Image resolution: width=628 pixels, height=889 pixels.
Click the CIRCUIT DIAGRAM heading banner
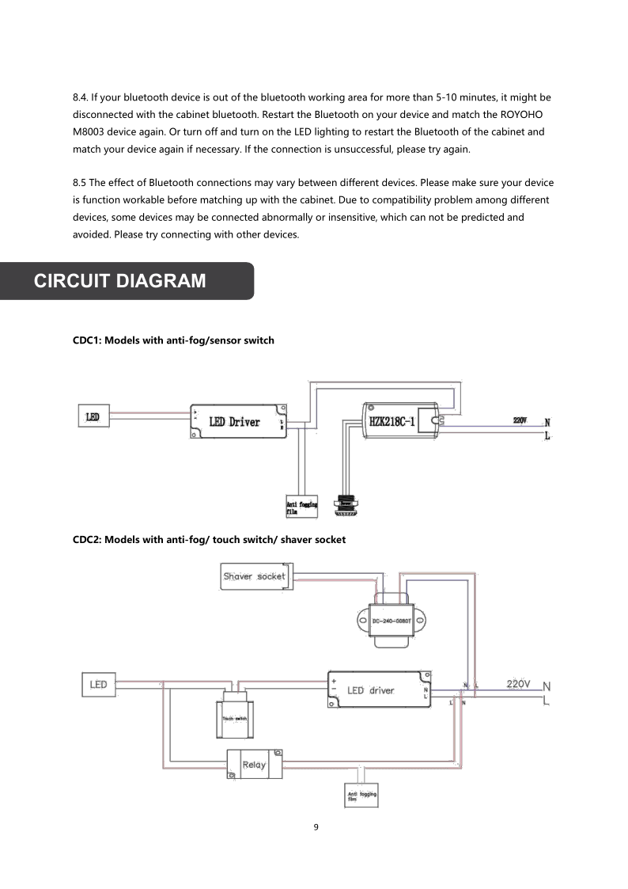click(x=127, y=281)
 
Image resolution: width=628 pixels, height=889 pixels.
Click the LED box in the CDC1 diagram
click(x=93, y=416)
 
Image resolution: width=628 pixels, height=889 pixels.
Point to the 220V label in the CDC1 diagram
click(x=520, y=420)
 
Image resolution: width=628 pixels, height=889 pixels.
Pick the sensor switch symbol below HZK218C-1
click(x=345, y=505)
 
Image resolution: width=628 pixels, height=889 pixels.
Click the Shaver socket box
click(x=254, y=576)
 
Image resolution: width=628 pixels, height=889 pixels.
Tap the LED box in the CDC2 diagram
click(x=99, y=684)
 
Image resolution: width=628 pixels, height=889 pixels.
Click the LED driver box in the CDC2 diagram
click(x=380, y=690)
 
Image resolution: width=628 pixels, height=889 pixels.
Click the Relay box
click(x=254, y=765)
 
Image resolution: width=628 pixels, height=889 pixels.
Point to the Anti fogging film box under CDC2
click(x=361, y=795)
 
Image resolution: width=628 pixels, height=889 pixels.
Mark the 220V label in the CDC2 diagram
click(x=518, y=683)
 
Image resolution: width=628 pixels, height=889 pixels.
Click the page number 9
click(x=316, y=827)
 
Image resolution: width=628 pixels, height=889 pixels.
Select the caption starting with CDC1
click(x=173, y=340)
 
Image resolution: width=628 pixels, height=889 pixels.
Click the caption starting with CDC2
click(x=209, y=539)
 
